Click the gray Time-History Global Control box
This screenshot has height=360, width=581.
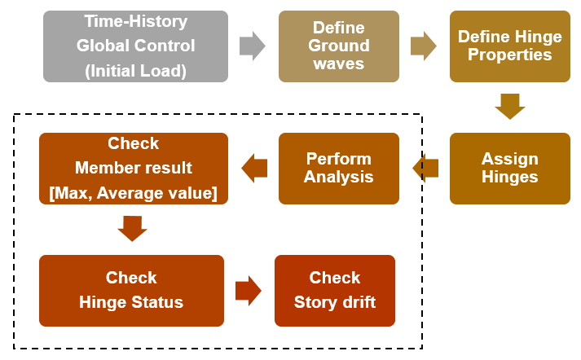[x=136, y=46]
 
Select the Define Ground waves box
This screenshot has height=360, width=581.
[x=338, y=46]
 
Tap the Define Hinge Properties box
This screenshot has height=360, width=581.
[x=509, y=46]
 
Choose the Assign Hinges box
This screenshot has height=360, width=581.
[x=509, y=168]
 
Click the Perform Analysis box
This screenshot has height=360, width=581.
[x=338, y=168]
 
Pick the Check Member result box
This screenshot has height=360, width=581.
[x=134, y=168]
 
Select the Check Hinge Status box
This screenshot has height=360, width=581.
[x=131, y=291]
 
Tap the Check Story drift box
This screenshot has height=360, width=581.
[x=334, y=291]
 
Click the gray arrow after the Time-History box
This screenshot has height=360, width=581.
[x=253, y=46]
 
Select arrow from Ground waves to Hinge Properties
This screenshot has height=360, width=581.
[x=423, y=46]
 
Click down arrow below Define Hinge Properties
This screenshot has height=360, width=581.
[x=510, y=106]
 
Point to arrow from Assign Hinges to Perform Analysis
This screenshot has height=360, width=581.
[x=425, y=168]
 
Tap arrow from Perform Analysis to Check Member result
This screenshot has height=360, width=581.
[x=254, y=168]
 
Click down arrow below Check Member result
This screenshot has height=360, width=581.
[x=132, y=228]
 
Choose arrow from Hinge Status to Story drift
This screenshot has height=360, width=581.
[x=249, y=291]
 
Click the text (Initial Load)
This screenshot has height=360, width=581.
[x=136, y=71]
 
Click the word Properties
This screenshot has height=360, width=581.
[x=509, y=55]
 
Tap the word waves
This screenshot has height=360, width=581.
[x=338, y=64]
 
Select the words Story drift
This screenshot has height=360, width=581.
[x=335, y=302]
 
